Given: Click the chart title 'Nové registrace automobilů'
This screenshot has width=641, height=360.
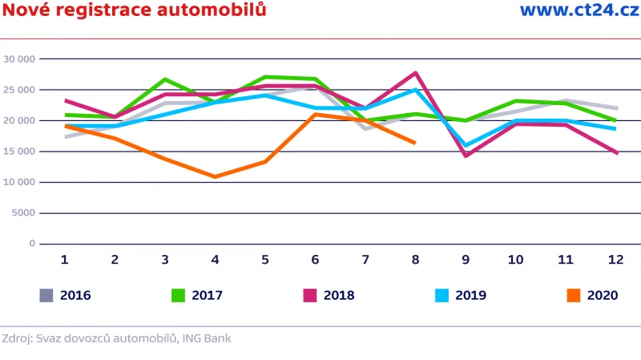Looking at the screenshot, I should point(134,10).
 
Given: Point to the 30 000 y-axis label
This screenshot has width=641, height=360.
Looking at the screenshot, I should point(19,59).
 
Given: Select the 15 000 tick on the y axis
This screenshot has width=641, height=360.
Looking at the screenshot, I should point(19,152).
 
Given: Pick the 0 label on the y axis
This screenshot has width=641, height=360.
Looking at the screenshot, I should point(33,244).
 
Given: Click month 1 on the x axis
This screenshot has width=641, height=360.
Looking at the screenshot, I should point(65,260).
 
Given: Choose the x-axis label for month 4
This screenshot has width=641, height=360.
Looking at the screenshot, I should point(215,260).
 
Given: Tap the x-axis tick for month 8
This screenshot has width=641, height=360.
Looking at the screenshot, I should point(415,260).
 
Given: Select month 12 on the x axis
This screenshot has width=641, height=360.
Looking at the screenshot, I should point(615,260).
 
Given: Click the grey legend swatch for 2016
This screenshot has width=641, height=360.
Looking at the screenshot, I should point(46,295).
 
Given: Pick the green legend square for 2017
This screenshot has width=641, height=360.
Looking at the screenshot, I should point(178,295).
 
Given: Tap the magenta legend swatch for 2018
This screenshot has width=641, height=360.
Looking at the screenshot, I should point(310,295).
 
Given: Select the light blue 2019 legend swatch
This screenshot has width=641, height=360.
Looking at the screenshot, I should point(441,295).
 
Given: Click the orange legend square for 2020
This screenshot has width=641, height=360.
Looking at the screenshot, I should point(574,295).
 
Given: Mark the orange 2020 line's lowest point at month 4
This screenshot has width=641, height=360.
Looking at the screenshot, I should point(215,176).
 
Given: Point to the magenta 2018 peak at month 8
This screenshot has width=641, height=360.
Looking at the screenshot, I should point(415,73).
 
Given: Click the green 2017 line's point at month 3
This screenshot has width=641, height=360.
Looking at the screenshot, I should point(165,79).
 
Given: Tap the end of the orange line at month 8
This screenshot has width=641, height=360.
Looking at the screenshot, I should point(414,143).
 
